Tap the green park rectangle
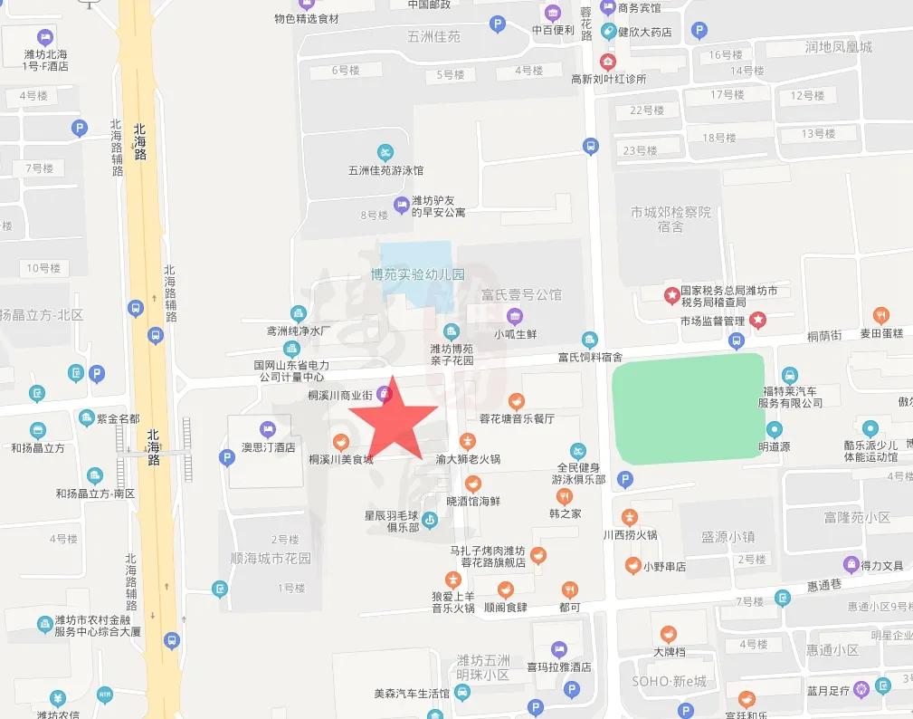pyautogui.click(x=687, y=408)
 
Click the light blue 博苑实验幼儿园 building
pyautogui.click(x=415, y=262)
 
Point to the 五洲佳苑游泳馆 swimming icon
pyautogui.click(x=385, y=151)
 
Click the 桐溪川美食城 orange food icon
pyautogui.click(x=340, y=442)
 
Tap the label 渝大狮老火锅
pyautogui.click(x=468, y=459)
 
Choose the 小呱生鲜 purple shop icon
pyautogui.click(x=515, y=316)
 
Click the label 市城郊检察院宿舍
pyautogui.click(x=670, y=219)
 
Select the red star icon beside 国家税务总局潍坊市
pyautogui.click(x=671, y=294)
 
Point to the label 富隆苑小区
pyautogui.click(x=857, y=518)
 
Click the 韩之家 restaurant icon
pyautogui.click(x=565, y=496)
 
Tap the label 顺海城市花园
pyautogui.click(x=271, y=559)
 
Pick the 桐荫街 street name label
pyautogui.click(x=824, y=336)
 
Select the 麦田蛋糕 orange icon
pyautogui.click(x=881, y=315)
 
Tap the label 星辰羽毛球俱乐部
pyautogui.click(x=395, y=520)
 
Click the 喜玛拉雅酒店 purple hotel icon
pyautogui.click(x=559, y=648)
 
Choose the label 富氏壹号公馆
pyautogui.click(x=521, y=294)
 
